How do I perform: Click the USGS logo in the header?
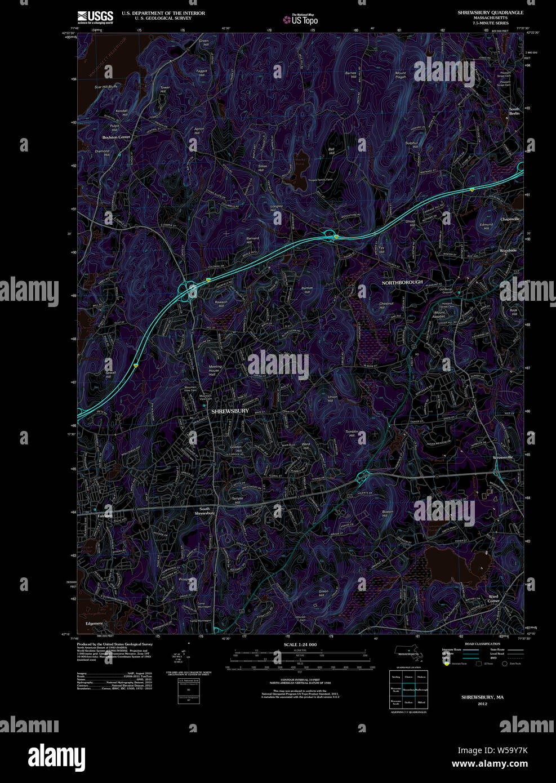[x=95, y=16]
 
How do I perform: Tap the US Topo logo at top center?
[x=304, y=20]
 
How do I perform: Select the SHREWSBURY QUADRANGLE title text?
[x=490, y=12]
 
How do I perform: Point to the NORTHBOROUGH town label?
[x=402, y=282]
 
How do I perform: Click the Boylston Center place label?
[x=116, y=137]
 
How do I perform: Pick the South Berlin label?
[x=514, y=111]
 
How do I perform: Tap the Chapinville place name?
[x=510, y=219]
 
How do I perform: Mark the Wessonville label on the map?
[x=502, y=457]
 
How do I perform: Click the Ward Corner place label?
[x=493, y=599]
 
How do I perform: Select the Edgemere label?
[x=94, y=624]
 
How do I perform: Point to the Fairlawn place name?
[x=105, y=515]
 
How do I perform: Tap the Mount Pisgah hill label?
[x=401, y=75]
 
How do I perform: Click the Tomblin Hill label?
[x=352, y=434]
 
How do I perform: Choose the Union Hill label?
[x=333, y=399]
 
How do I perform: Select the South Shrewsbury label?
[x=204, y=511]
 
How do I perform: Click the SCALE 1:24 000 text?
[x=300, y=644]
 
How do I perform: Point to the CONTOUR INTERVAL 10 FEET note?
[x=300, y=681]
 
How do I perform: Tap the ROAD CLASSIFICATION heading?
[x=482, y=644]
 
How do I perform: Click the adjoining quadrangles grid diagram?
[x=408, y=689]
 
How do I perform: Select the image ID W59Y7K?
[x=508, y=750]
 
